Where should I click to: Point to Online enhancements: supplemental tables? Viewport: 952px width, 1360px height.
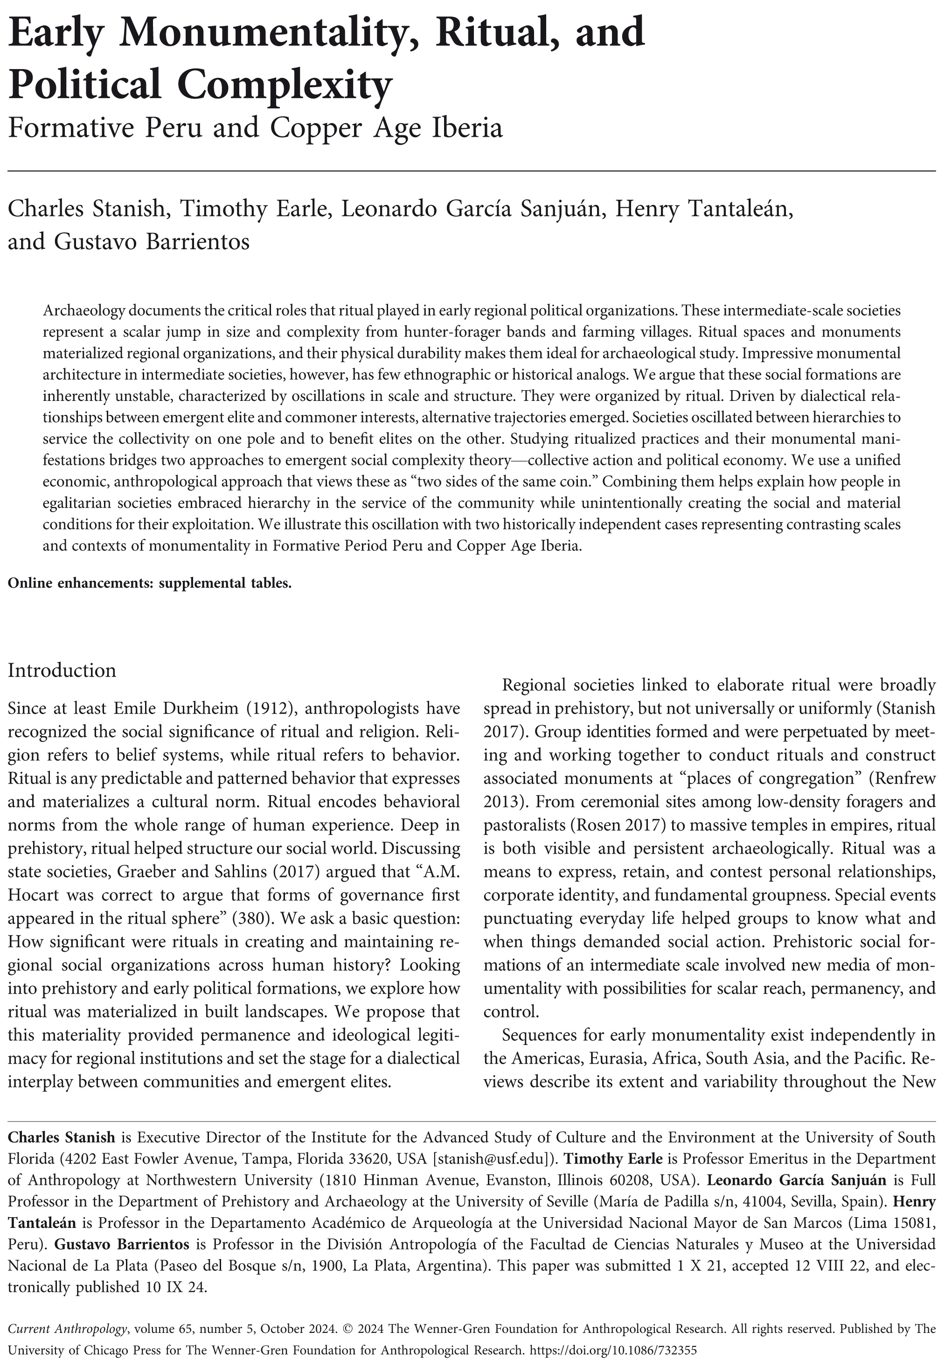pyautogui.click(x=149, y=583)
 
